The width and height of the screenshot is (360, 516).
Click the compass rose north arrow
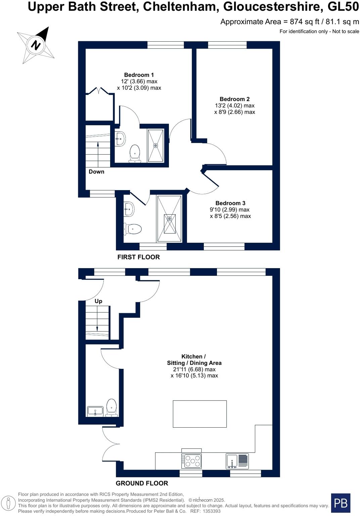click(36, 45)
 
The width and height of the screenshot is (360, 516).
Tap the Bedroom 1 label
click(139, 75)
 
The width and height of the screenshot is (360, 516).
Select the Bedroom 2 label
click(234, 99)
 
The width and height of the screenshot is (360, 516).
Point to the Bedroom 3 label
click(230, 203)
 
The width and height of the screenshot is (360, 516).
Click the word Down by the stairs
click(96, 172)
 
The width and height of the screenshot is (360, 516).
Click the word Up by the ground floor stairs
click(98, 301)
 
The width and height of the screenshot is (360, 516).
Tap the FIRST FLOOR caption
click(138, 257)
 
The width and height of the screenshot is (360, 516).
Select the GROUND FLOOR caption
click(142, 483)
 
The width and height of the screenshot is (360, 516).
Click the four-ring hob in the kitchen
click(191, 461)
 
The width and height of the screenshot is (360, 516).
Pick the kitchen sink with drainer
click(237, 461)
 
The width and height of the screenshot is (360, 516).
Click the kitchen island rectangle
click(199, 414)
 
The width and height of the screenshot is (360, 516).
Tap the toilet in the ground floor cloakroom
click(111, 407)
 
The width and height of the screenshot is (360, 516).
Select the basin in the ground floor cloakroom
click(95, 411)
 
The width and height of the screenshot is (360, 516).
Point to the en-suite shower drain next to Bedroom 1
click(155, 145)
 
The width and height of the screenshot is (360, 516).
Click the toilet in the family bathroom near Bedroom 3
click(133, 229)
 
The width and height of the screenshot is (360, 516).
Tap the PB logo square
click(341, 503)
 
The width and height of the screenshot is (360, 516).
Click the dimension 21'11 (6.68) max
click(194, 370)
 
